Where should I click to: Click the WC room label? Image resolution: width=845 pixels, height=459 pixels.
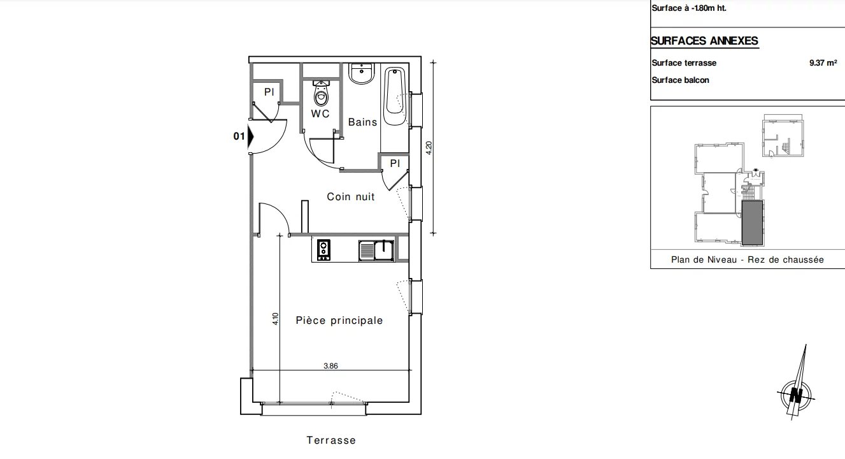320,113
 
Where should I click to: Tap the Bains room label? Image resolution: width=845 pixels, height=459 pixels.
362,122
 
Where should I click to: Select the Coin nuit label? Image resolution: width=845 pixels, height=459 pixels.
350,196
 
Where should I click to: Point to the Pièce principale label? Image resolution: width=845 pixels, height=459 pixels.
339,321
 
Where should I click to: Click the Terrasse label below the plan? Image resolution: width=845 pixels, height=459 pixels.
331,440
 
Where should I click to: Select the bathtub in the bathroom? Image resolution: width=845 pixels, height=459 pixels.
395,96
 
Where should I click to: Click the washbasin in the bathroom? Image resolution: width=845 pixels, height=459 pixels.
362,73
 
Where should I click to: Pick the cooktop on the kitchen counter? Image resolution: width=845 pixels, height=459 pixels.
323,250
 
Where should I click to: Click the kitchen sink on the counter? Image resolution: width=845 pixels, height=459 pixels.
376,251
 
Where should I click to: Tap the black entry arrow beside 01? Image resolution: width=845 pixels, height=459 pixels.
250,136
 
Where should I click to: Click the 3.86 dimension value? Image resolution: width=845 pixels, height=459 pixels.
330,366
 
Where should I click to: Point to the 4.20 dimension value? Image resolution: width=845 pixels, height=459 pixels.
429,148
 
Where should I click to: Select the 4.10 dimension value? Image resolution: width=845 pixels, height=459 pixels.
275,319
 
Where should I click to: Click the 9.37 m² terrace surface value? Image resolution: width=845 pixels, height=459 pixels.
823,62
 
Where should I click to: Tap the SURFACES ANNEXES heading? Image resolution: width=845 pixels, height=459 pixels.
704,41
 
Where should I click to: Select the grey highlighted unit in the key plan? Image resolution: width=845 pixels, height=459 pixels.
752,223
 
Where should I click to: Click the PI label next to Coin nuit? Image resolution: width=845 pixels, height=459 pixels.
395,163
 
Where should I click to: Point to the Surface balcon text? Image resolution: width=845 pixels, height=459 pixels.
680,80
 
